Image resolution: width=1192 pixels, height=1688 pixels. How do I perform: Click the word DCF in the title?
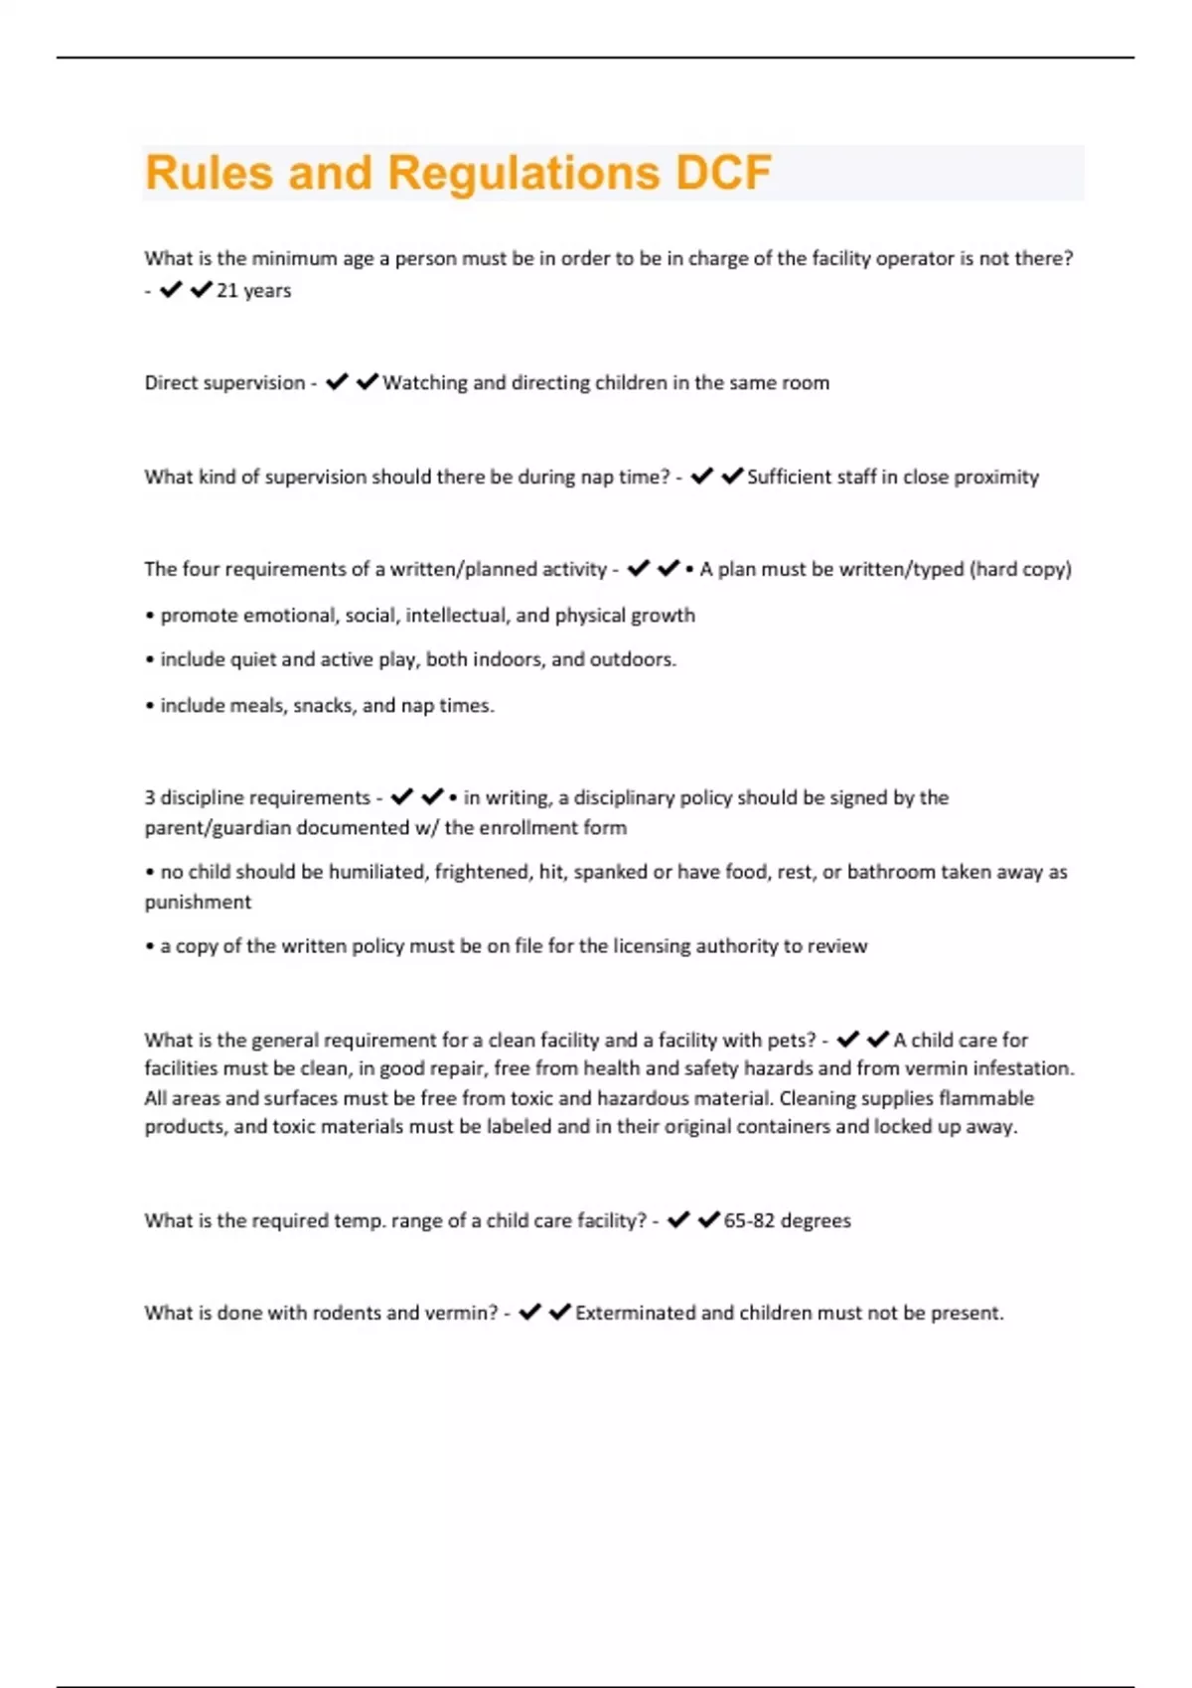coord(723,173)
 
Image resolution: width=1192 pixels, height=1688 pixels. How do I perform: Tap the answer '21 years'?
coord(253,291)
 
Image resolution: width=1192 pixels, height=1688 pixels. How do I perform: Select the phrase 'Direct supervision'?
coord(224,383)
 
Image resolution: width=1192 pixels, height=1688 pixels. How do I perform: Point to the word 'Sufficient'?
coord(793,477)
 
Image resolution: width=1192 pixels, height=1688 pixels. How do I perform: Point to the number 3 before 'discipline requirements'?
coord(150,797)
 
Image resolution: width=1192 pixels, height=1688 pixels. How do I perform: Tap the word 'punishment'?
coord(198,902)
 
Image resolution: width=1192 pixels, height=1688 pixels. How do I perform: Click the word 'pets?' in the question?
coord(789,1041)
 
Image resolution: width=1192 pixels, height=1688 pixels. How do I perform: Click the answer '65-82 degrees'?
coord(787,1221)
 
